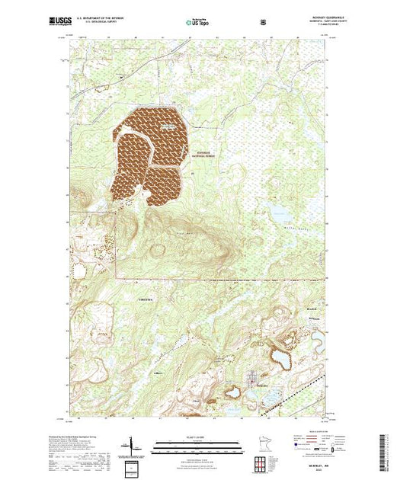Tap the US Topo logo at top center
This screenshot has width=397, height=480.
click(197, 22)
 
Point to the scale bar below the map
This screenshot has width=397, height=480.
click(198, 443)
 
